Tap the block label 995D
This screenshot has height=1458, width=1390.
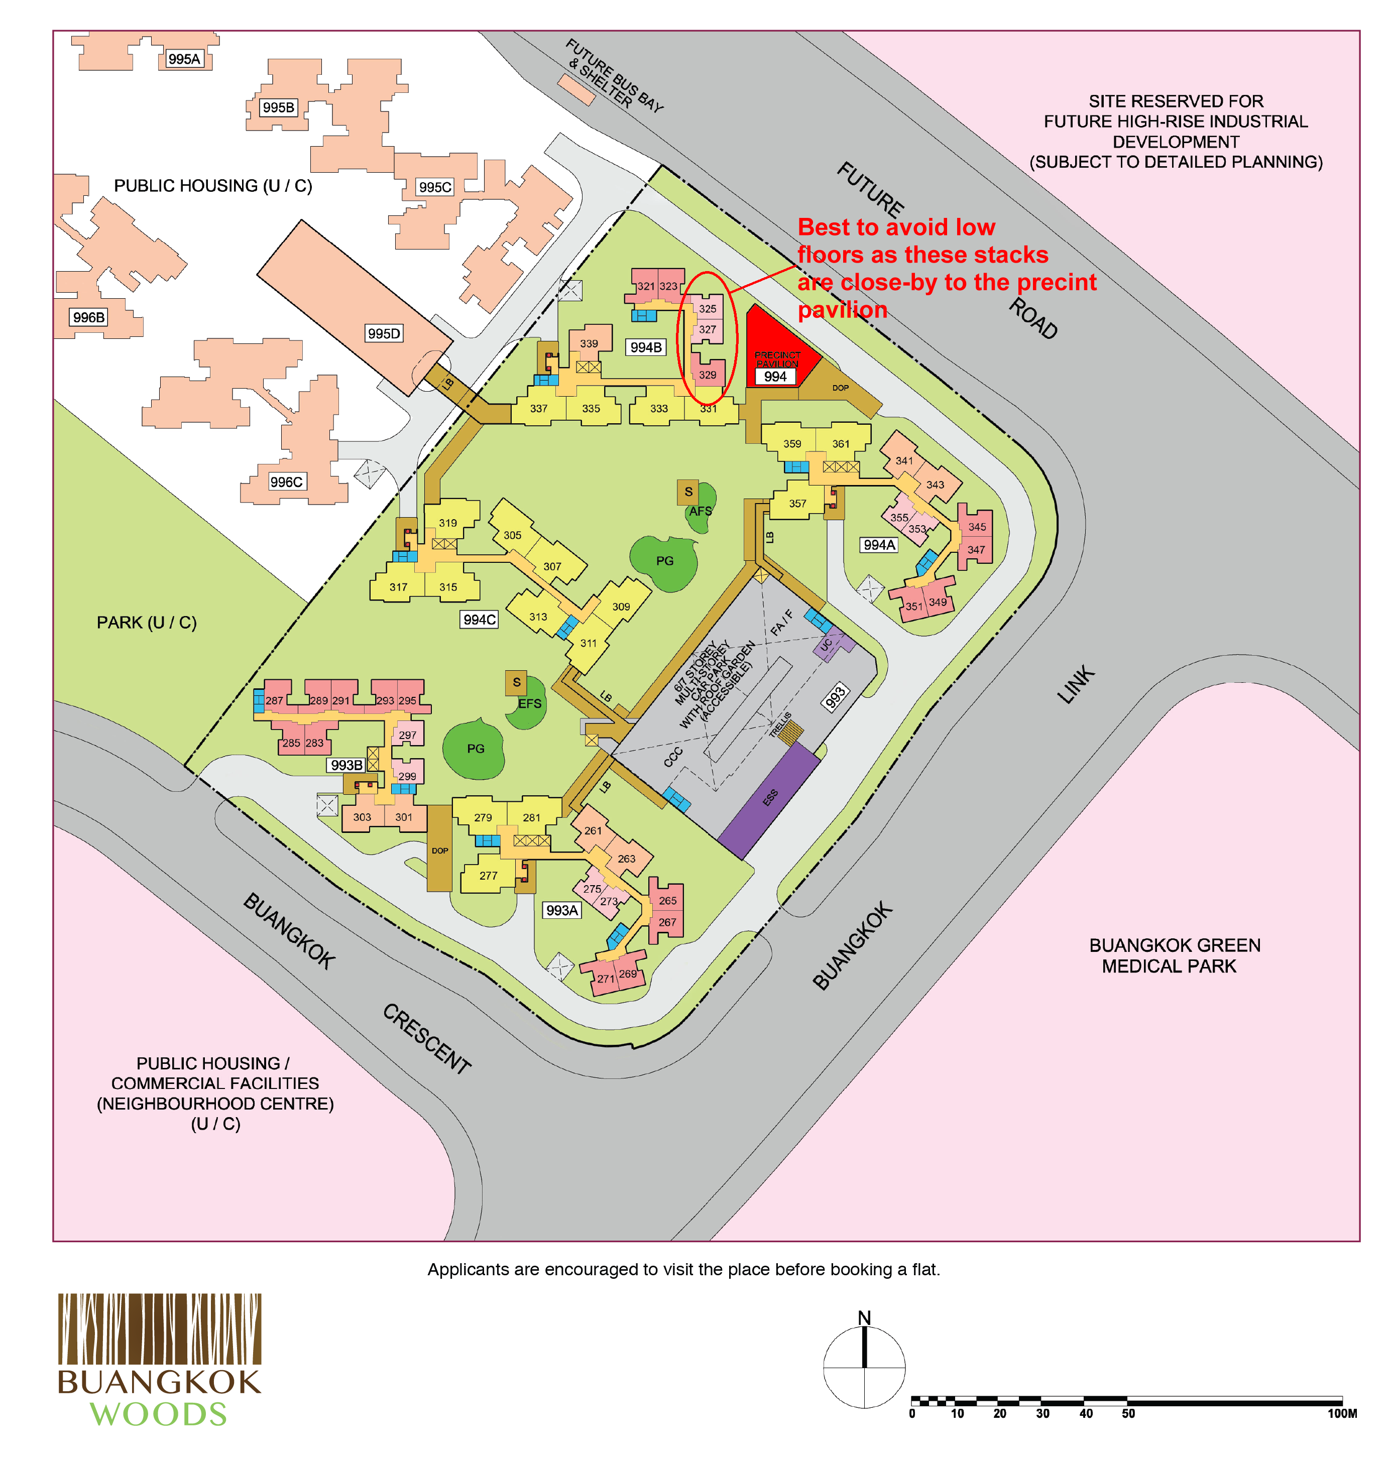tap(384, 333)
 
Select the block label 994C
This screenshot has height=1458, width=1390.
tap(480, 620)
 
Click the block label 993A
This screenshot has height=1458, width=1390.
tap(561, 910)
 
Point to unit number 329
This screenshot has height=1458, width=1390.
tap(708, 375)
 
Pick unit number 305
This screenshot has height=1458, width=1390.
tap(512, 535)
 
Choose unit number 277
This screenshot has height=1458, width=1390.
tap(488, 876)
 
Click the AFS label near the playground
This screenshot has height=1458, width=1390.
tap(700, 511)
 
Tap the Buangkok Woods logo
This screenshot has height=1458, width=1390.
tap(159, 1360)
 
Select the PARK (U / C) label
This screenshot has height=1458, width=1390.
tap(147, 623)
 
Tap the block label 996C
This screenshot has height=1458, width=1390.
tap(286, 481)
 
